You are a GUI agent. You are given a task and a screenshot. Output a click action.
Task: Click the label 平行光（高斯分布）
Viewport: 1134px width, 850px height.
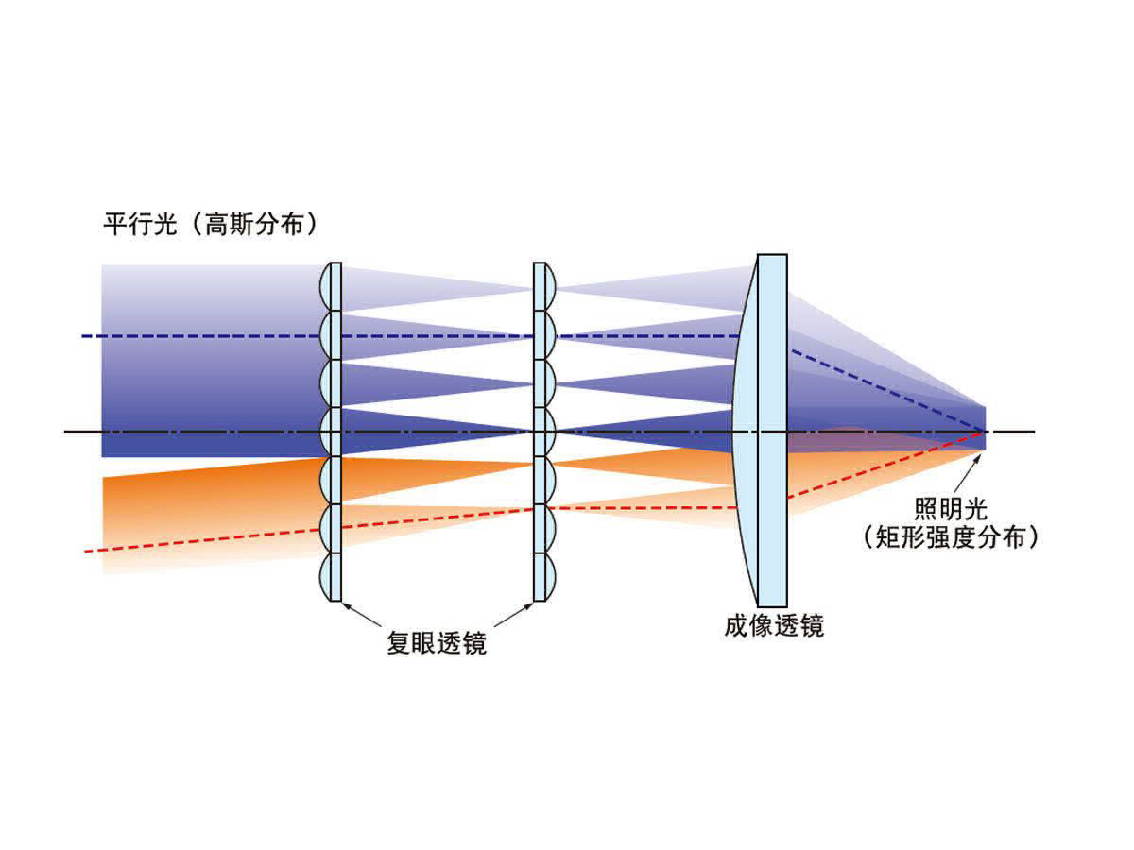(209, 226)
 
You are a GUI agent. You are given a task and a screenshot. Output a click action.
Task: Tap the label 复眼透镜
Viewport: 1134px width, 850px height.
(436, 643)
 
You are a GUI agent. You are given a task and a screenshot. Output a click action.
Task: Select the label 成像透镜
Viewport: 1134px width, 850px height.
(774, 626)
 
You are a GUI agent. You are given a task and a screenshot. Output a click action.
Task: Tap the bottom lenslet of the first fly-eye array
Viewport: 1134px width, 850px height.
(332, 576)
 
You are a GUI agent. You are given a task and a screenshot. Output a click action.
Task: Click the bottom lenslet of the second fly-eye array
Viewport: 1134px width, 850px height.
(541, 576)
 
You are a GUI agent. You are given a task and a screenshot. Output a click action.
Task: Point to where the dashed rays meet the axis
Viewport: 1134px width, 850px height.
(983, 432)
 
